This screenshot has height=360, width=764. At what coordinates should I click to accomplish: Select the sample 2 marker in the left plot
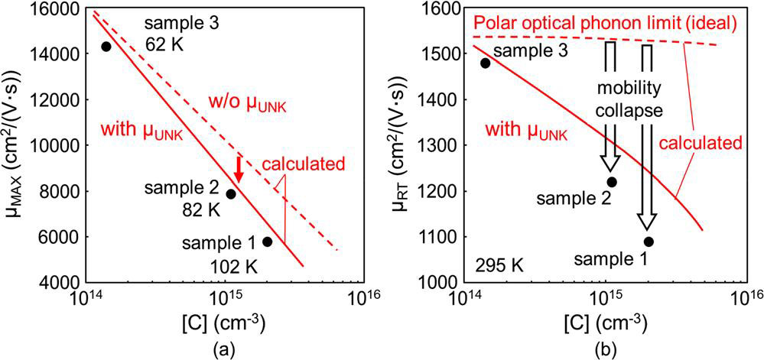tap(230, 193)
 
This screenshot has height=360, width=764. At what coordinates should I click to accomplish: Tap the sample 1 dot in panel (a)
tap(267, 242)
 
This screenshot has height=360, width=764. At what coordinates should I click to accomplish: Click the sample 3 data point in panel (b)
tap(485, 63)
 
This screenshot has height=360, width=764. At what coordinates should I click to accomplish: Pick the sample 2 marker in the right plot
tap(612, 182)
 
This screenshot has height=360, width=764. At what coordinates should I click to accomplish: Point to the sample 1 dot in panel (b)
tap(649, 242)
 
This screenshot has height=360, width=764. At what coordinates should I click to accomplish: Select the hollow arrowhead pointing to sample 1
tap(647, 220)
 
